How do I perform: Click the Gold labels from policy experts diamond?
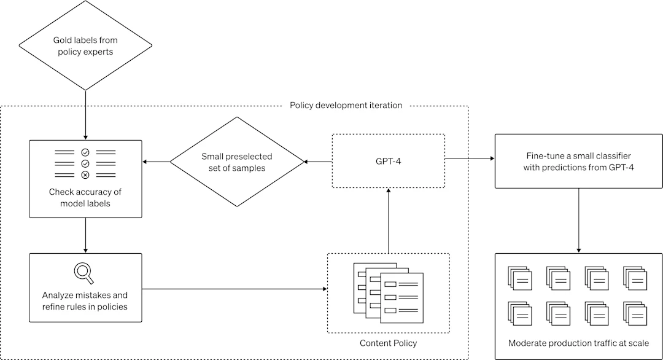pyautogui.click(x=85, y=46)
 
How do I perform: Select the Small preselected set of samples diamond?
pyautogui.click(x=237, y=162)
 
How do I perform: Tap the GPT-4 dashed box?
pyautogui.click(x=388, y=161)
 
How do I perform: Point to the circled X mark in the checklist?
pyautogui.click(x=85, y=174)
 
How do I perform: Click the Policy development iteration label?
pyautogui.click(x=346, y=105)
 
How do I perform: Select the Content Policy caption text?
pyautogui.click(x=388, y=342)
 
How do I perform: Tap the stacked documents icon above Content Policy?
pyautogui.click(x=388, y=291)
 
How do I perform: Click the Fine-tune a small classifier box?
pyautogui.click(x=579, y=162)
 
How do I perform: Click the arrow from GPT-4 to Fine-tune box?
pyautogui.click(x=470, y=159)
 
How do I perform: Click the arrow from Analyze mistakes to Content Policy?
pyautogui.click(x=234, y=288)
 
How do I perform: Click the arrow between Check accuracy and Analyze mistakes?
pyautogui.click(x=85, y=235)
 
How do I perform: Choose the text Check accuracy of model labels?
pyautogui.click(x=85, y=197)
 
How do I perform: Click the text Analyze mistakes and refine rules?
pyautogui.click(x=85, y=300)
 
